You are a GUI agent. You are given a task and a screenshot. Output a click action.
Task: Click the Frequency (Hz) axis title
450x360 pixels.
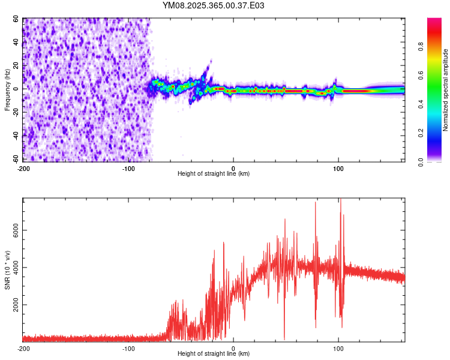8,90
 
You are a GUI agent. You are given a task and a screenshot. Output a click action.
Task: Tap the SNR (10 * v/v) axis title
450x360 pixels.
8,269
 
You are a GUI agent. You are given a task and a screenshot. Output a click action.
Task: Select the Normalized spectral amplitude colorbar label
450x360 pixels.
446,90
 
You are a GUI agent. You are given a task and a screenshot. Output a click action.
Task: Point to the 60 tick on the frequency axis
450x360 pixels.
16,19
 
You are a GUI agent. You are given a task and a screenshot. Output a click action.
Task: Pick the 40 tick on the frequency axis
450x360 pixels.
16,43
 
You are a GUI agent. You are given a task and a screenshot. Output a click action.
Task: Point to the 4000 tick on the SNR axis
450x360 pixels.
17,268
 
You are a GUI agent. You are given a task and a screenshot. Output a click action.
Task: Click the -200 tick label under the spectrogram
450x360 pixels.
24,167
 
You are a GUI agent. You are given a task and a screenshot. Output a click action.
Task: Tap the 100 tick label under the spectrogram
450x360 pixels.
338,167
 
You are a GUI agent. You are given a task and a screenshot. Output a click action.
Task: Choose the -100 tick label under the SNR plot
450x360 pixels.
128,349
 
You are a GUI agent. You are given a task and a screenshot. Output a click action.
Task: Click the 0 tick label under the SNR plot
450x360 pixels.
233,349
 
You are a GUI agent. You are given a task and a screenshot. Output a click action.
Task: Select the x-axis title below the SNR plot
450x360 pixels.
214,355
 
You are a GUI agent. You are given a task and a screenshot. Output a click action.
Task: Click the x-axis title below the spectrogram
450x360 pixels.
214,174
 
